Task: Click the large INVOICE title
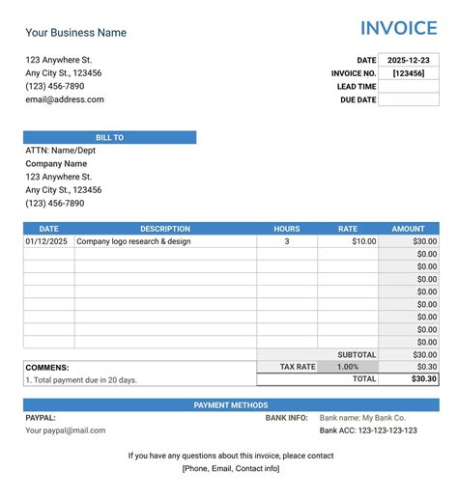(398, 28)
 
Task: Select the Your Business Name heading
(75, 33)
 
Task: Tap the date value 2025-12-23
(409, 60)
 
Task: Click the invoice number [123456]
(409, 73)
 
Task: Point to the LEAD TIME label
(357, 87)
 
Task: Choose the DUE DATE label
(358, 99)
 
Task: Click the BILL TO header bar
(109, 138)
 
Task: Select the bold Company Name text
(56, 164)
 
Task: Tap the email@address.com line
(65, 99)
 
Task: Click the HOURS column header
(287, 229)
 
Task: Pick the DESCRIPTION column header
(165, 229)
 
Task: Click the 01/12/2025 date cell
(46, 241)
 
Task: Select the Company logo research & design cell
(133, 241)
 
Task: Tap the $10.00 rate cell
(364, 241)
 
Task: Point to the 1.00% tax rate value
(347, 367)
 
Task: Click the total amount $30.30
(423, 379)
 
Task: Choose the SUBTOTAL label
(357, 354)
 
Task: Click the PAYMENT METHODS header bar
(231, 405)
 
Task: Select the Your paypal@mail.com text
(66, 430)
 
